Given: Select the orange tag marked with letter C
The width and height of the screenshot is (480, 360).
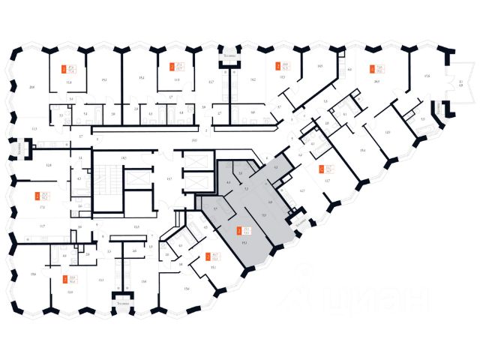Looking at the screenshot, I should [321, 169].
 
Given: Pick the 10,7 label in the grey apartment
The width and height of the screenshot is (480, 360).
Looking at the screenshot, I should [263, 215].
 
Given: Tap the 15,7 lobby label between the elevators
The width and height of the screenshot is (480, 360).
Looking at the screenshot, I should [169, 179].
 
